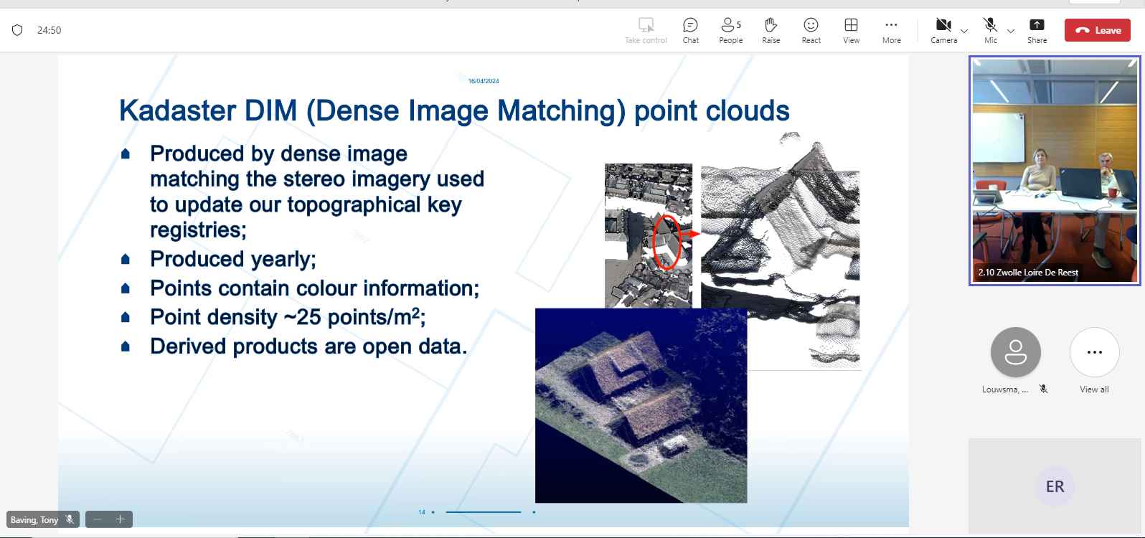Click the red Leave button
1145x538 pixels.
1097,30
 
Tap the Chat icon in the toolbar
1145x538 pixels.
690,24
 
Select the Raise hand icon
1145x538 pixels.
771,24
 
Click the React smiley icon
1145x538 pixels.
811,24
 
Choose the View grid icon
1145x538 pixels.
851,24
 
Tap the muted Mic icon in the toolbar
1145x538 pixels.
990,24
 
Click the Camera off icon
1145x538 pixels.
943,24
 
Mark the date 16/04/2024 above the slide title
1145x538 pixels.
484,81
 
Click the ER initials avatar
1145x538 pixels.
1055,486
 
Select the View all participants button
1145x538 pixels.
1094,352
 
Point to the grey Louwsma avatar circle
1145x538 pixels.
1015,352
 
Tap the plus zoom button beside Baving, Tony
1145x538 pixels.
120,519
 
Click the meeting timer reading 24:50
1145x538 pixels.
49,30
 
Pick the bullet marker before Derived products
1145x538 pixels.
126,346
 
